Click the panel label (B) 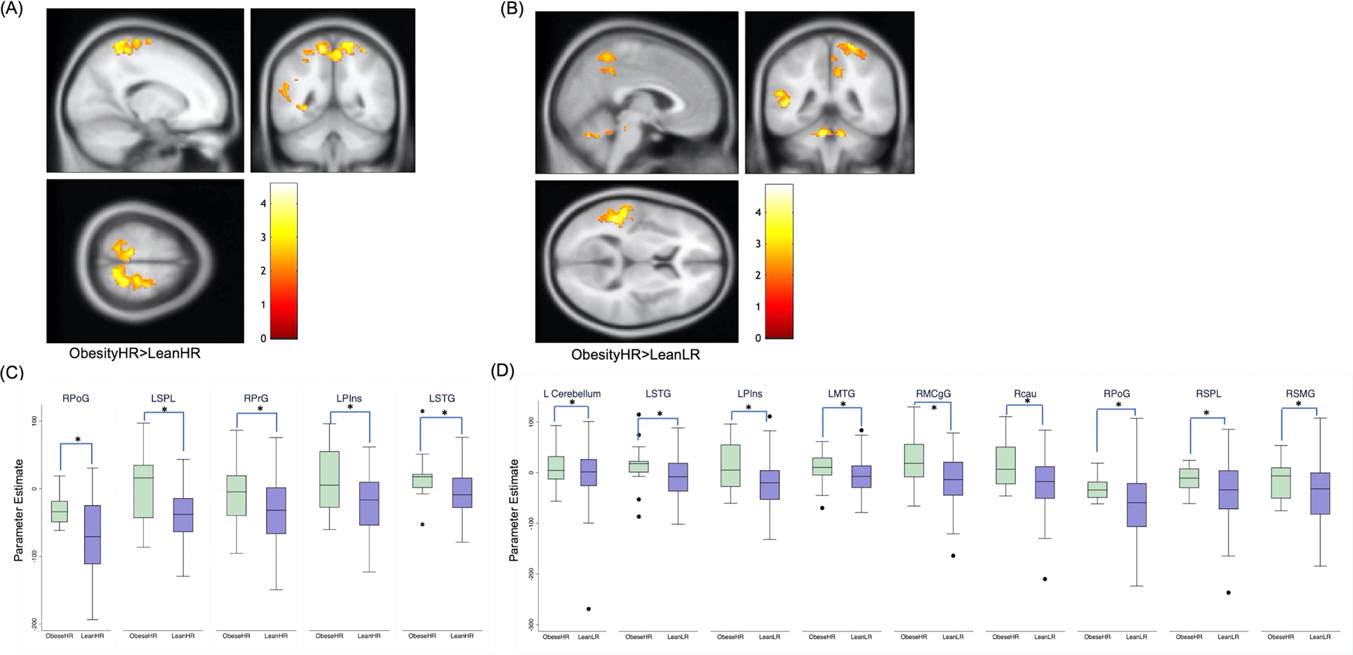click(x=512, y=9)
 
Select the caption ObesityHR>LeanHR click(x=135, y=353)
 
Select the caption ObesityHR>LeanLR click(x=636, y=354)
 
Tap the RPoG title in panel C click(x=75, y=399)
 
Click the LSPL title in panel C click(x=163, y=399)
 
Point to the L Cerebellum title click(x=572, y=394)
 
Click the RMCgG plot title click(x=933, y=394)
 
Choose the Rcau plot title click(x=1024, y=394)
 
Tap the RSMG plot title click(x=1300, y=394)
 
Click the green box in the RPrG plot click(x=237, y=495)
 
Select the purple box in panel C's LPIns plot click(x=369, y=504)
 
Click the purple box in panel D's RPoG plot click(x=1136, y=505)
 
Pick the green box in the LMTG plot click(x=822, y=466)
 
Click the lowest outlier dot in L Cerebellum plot click(x=589, y=609)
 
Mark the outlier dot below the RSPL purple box click(x=1229, y=592)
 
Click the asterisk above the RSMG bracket click(x=1299, y=404)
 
